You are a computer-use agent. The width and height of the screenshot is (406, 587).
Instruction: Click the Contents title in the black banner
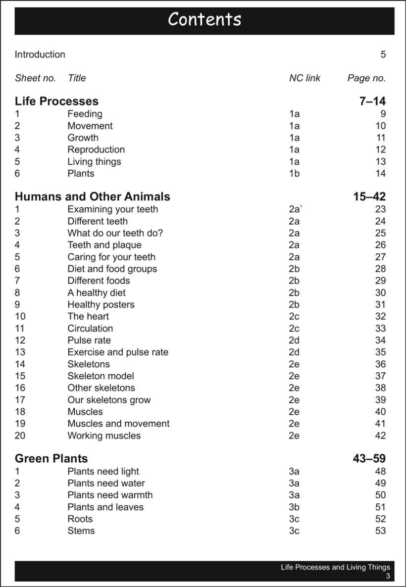click(x=204, y=20)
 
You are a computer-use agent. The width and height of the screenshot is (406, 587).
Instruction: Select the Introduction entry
click(x=40, y=54)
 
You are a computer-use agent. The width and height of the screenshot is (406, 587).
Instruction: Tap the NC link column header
click(x=304, y=78)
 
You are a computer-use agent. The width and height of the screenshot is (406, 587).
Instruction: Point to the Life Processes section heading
click(x=56, y=101)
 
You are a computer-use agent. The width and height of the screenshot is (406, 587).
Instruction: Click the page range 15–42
click(x=369, y=197)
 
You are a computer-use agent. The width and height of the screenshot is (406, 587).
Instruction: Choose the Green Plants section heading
click(x=51, y=459)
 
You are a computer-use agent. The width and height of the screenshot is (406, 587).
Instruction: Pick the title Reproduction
click(x=96, y=149)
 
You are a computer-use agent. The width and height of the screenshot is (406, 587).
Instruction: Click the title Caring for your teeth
click(x=111, y=257)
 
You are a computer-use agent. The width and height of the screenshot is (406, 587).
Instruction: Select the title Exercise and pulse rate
click(x=118, y=352)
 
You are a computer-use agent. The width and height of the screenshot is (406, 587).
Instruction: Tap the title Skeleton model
click(x=101, y=376)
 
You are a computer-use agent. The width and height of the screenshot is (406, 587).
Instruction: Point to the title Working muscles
click(x=104, y=436)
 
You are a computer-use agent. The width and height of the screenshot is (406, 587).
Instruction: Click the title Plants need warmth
click(x=110, y=495)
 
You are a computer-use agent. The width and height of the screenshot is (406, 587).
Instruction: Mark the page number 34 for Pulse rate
click(x=380, y=341)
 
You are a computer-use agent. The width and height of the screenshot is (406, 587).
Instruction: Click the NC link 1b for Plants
click(x=294, y=173)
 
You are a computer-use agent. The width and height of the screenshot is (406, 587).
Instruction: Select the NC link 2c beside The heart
click(x=294, y=317)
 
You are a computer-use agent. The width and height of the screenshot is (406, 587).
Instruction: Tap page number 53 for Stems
click(x=380, y=531)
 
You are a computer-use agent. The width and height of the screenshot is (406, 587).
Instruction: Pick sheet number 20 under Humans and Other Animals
click(x=20, y=436)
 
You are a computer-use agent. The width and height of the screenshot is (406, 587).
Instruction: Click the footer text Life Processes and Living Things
click(x=335, y=567)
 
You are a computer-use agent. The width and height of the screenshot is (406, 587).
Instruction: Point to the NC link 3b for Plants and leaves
click(x=294, y=507)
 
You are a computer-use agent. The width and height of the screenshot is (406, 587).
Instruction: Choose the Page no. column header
click(x=366, y=78)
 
